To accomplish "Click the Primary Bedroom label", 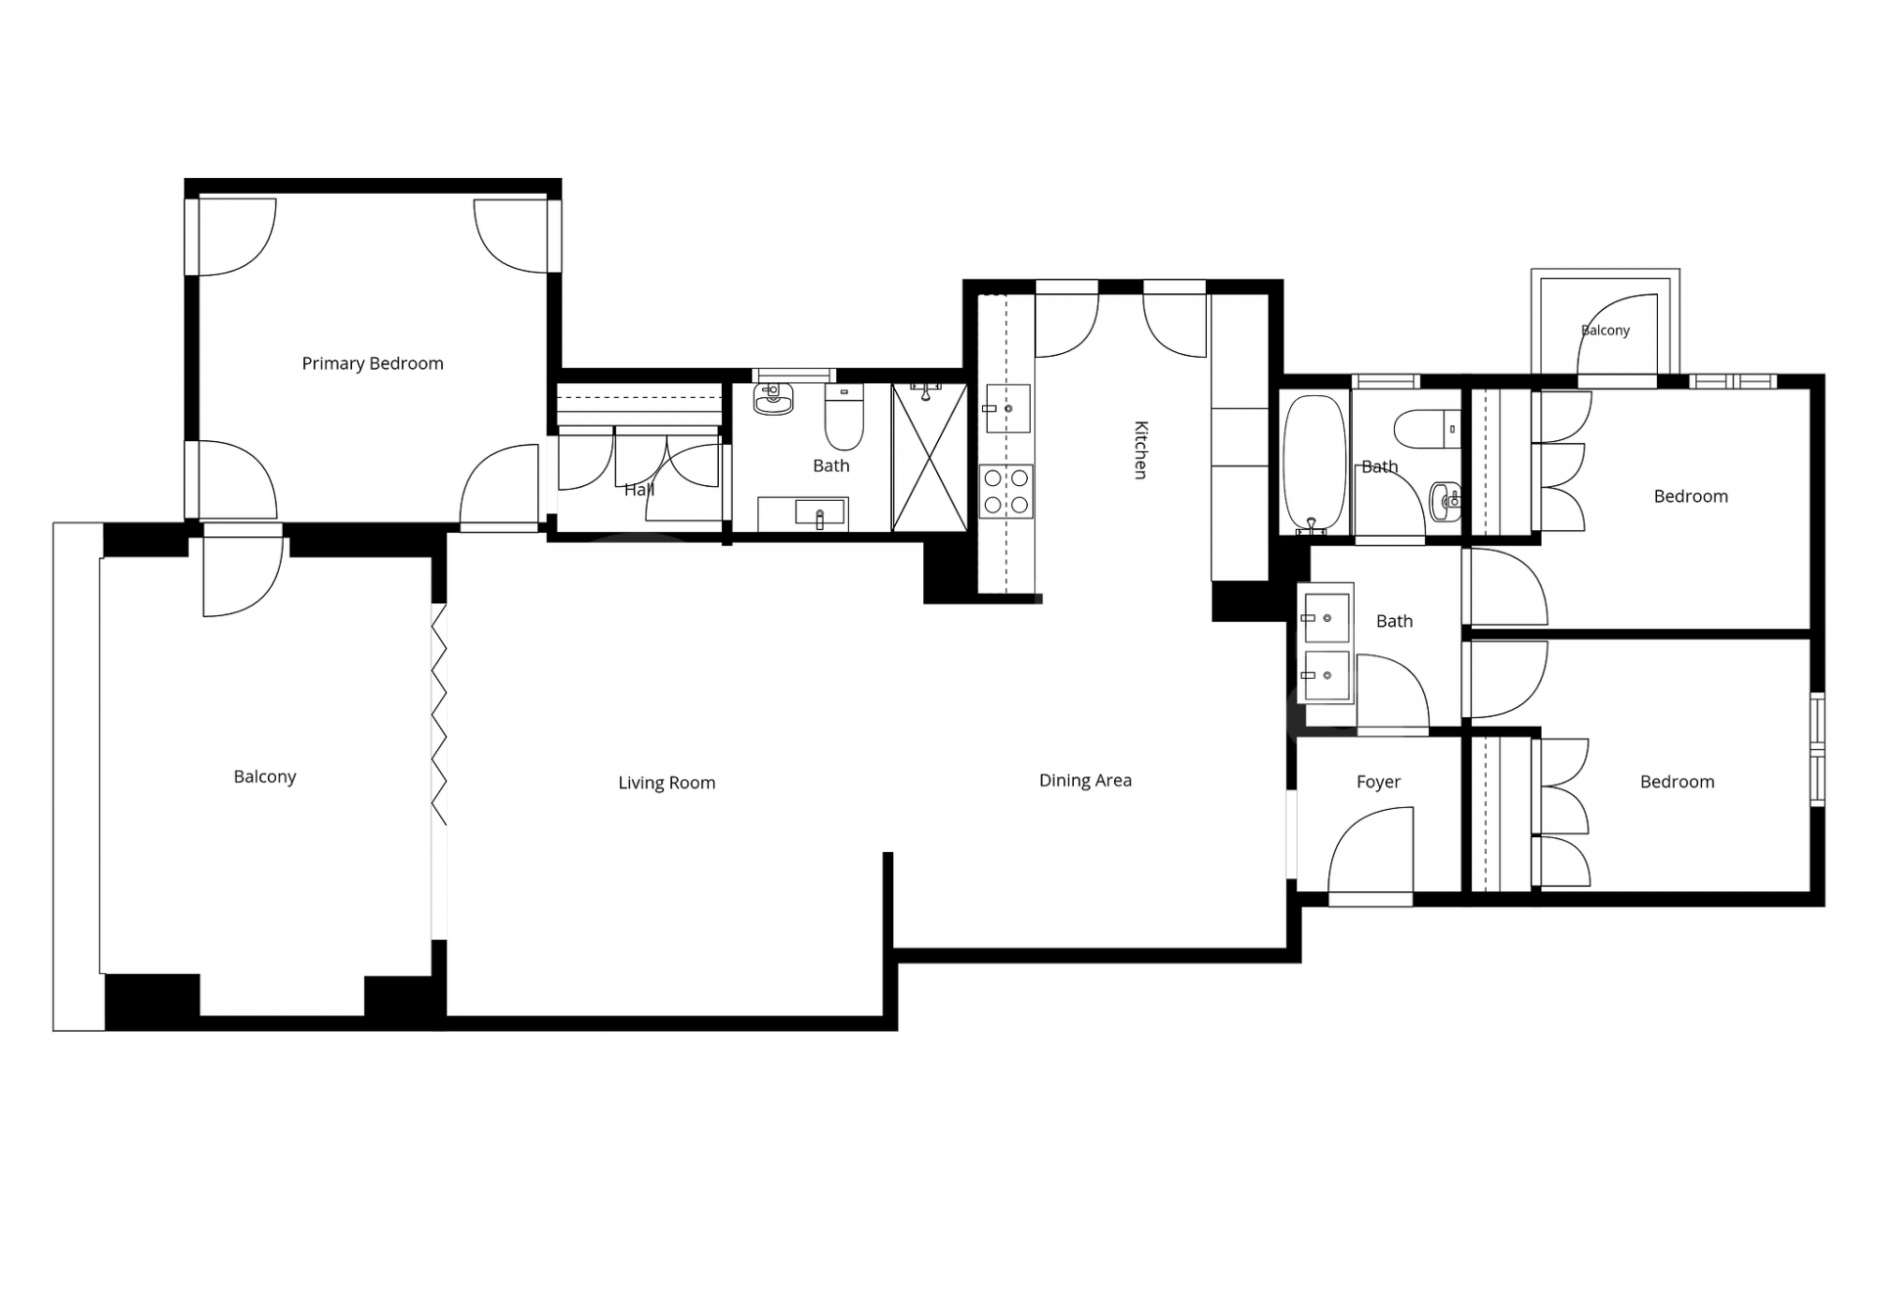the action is coord(373,364).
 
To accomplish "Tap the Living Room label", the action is coord(667,782).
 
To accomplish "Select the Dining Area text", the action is coord(1086,781).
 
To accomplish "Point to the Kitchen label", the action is coord(1140,450).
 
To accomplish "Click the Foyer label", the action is coord(1378,782).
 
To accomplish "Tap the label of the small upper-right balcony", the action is coord(1606,331).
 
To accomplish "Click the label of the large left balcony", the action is coord(265,777).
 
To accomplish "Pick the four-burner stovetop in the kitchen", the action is coord(1006,491).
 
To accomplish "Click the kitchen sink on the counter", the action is coord(1007,408).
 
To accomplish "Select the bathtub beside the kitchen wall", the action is coord(1316,465).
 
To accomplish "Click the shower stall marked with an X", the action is coord(929,458).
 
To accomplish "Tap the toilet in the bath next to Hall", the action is coord(844,416).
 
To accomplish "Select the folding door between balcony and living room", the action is coord(439,714).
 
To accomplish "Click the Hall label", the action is coord(640,489).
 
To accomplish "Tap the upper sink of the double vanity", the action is coord(1325,618).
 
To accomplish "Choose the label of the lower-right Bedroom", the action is coord(1677,781).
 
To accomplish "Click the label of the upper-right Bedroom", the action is coord(1691,496).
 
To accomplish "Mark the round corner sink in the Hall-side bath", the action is coord(773,399).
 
